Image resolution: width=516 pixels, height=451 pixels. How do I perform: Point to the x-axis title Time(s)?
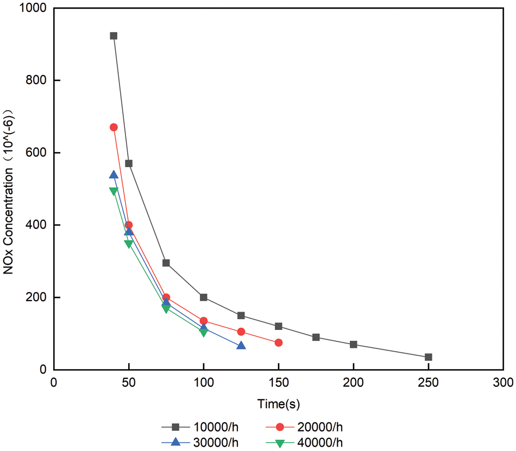click(x=279, y=404)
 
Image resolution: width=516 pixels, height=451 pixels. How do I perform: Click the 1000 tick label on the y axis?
click(x=34, y=8)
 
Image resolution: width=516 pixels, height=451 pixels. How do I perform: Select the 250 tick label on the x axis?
click(x=429, y=383)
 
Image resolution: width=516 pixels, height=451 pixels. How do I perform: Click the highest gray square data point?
click(x=114, y=36)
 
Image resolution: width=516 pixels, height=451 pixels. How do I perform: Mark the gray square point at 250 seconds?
click(x=429, y=357)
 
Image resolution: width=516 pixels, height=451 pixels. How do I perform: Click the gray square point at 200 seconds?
click(x=354, y=345)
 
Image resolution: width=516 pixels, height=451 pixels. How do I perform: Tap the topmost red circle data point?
click(x=114, y=127)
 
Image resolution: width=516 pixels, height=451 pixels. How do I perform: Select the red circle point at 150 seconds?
click(x=279, y=342)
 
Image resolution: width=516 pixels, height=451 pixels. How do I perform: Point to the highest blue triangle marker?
click(x=114, y=175)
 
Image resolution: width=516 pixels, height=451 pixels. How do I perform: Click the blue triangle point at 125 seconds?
click(x=241, y=346)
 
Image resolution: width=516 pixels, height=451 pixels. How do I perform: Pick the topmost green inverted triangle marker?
click(x=114, y=191)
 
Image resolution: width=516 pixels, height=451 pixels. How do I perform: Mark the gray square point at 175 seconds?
click(x=316, y=337)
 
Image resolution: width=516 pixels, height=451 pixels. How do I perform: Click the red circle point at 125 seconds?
click(x=241, y=332)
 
